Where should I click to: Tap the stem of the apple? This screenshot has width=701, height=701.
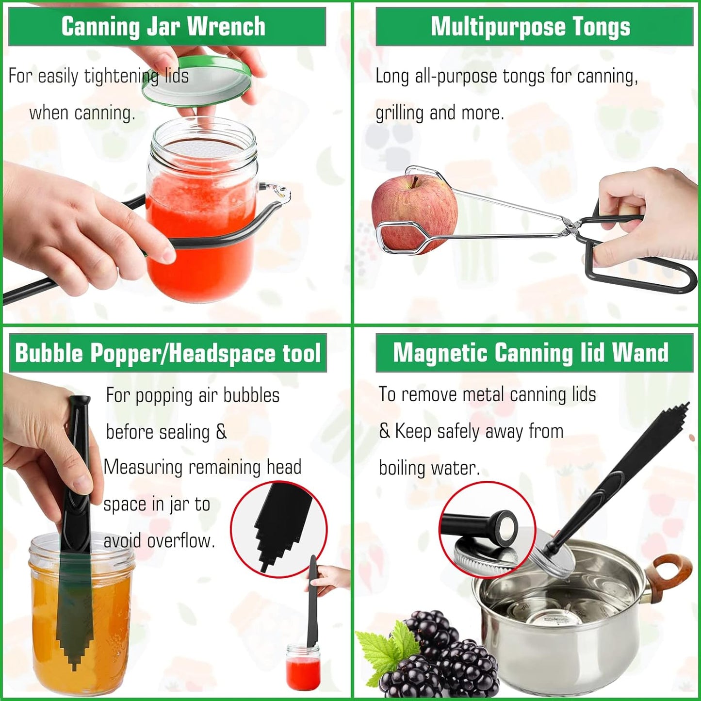click(x=415, y=181)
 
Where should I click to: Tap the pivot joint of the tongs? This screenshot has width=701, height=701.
click(x=573, y=226)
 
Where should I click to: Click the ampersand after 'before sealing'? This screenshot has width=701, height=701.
click(x=221, y=431)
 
